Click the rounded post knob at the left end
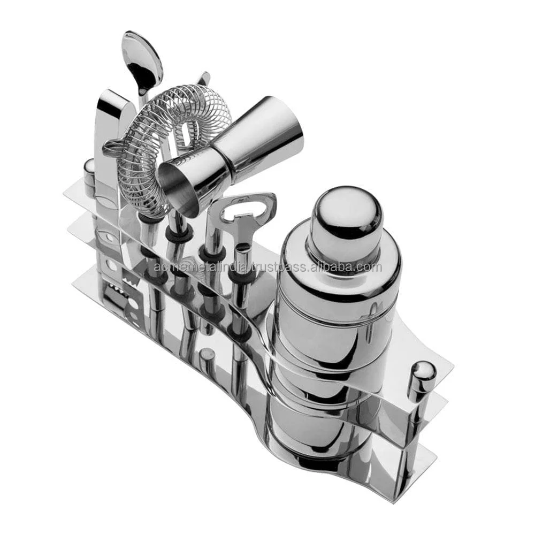(x=89, y=170)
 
